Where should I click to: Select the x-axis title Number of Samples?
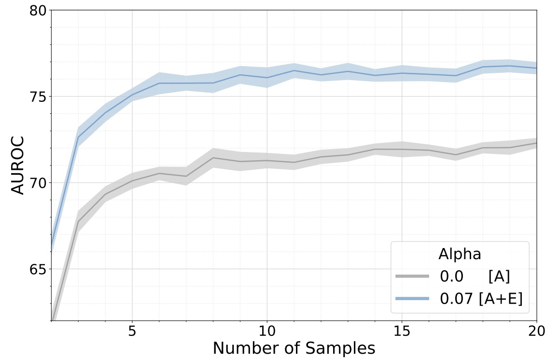[x=294, y=348]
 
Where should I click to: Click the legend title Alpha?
[x=459, y=254]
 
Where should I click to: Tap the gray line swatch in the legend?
[x=412, y=277]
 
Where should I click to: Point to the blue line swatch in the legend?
[x=412, y=299]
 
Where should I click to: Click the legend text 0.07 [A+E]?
[x=481, y=299]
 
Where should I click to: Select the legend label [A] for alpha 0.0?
[x=499, y=277]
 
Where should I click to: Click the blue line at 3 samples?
[x=79, y=137]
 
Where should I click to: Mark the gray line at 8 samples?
[x=213, y=158]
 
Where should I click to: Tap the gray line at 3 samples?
[x=79, y=221]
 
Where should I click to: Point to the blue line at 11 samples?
[x=294, y=70]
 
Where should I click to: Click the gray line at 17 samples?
[x=456, y=155]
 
